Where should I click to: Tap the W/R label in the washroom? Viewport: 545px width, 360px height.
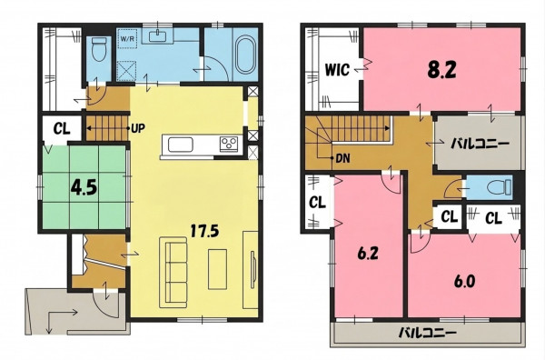coord(127,38)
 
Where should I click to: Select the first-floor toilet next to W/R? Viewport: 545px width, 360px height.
coord(99,49)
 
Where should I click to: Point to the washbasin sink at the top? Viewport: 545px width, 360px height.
coord(159,35)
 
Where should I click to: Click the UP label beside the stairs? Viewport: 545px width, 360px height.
coord(138,129)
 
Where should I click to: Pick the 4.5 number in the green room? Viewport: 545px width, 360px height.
coord(84,188)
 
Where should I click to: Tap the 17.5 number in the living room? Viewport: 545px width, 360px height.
coord(204,230)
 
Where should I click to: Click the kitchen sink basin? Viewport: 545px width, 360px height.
coord(181,145)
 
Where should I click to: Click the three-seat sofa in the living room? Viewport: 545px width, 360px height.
coord(173,272)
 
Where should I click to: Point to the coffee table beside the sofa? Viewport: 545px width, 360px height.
coord(217,269)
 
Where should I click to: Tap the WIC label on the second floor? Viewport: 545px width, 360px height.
coord(337,70)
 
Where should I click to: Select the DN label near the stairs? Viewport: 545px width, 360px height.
coord(342,158)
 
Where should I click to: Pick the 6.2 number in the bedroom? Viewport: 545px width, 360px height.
coord(368,254)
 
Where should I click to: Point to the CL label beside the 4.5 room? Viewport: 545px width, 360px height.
coord(62,129)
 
